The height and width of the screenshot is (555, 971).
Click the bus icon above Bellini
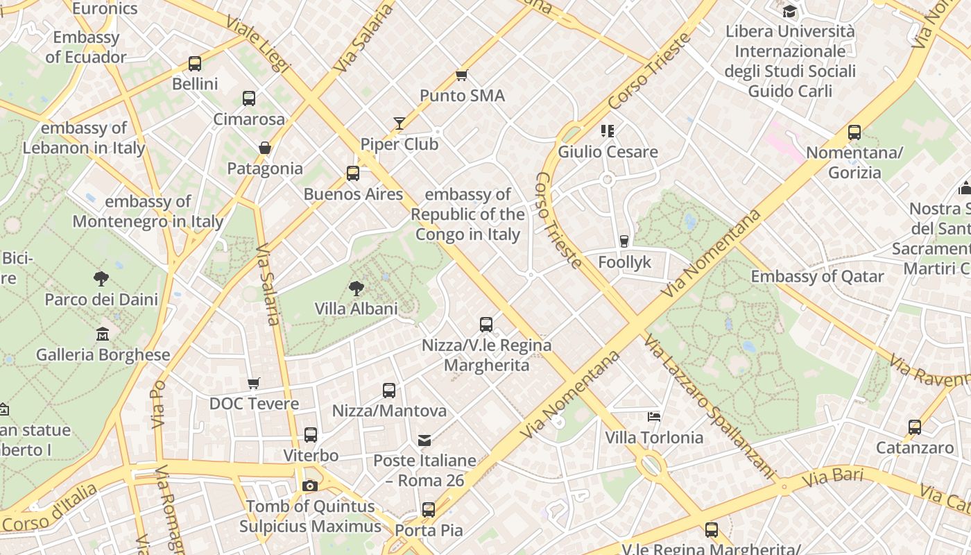195,64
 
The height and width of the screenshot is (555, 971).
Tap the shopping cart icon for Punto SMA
462,75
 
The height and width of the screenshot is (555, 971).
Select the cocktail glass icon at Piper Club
399,123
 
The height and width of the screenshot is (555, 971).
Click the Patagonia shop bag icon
264,148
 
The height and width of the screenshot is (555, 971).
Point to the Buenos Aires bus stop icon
353,173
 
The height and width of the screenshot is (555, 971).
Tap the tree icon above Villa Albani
356,288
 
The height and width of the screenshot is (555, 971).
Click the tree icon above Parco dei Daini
101,279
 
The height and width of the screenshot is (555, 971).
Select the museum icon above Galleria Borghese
103,334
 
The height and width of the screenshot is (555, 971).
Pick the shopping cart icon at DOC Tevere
254,384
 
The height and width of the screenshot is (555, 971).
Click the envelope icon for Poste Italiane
424,441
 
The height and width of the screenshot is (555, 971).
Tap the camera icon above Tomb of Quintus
310,486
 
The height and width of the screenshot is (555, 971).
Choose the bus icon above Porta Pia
429,510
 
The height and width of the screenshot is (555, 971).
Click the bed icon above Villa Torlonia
653,417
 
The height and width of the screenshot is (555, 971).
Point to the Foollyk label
625,262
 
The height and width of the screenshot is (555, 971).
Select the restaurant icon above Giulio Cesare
608,130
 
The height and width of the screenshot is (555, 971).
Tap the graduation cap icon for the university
789,11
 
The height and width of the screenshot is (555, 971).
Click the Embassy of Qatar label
817,276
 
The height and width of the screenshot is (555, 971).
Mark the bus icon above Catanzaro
915,427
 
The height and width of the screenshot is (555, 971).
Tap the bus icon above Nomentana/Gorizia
854,133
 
